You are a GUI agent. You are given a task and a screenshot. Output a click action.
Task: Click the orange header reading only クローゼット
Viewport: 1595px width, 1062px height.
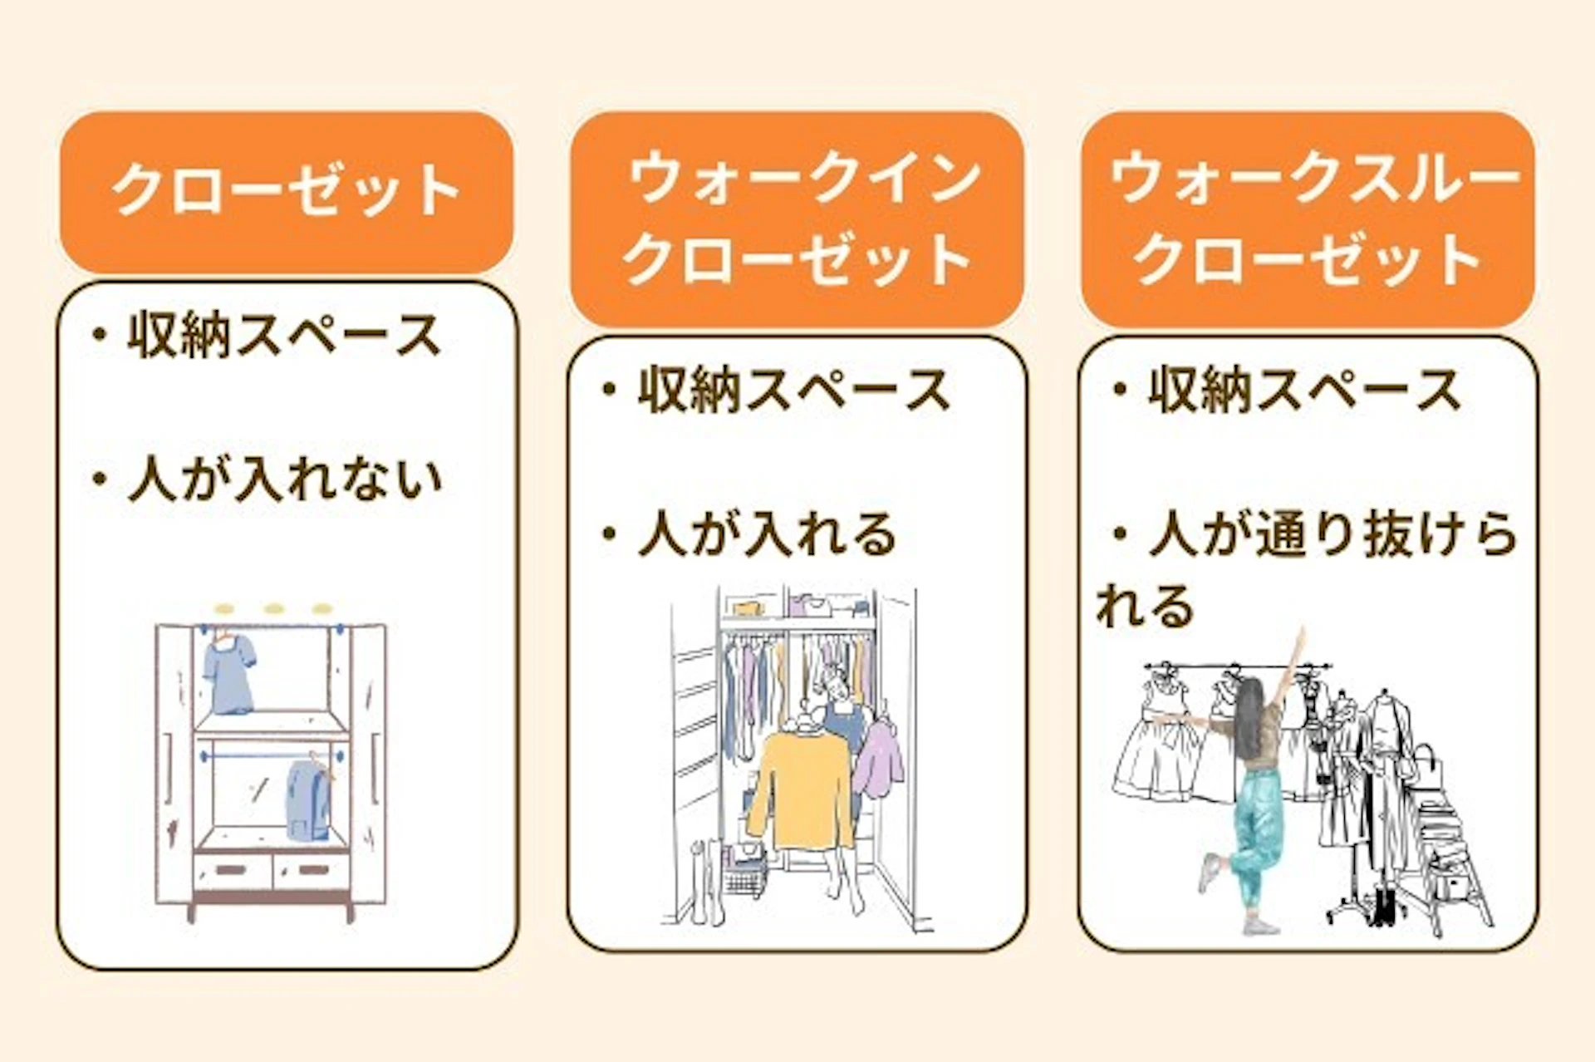coord(287,192)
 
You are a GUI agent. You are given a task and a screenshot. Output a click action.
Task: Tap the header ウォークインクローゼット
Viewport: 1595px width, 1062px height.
coord(797,219)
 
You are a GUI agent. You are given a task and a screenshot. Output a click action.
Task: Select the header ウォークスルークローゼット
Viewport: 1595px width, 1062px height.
coord(1308,219)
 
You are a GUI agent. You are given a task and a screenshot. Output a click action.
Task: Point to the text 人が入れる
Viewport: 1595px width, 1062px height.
coord(768,533)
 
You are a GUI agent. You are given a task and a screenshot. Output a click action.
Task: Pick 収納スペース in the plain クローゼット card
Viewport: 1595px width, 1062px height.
coord(283,335)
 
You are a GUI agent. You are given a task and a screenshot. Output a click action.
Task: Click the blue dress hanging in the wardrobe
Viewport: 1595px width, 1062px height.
coord(228,675)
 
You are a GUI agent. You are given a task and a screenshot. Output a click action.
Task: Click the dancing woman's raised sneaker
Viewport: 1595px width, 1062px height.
coord(1209,873)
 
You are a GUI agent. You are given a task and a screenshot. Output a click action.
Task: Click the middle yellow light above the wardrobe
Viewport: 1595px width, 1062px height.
coord(273,609)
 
